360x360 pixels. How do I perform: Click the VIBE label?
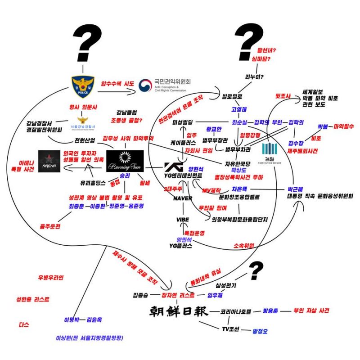[183, 219]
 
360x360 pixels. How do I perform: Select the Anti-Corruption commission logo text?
[166, 85]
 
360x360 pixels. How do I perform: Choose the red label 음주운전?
[50, 226]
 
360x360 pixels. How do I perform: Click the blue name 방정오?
[260, 331]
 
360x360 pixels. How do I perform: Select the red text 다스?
[24, 324]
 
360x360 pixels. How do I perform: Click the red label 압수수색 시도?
[118, 83]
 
